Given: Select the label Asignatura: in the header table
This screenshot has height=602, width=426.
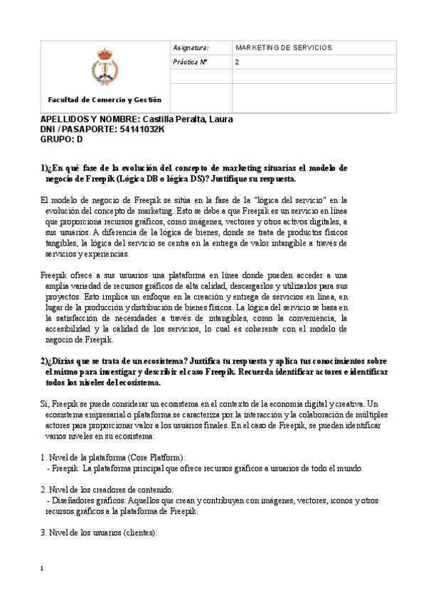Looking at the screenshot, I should (x=190, y=48).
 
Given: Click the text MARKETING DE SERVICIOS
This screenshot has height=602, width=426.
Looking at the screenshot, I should (x=283, y=48).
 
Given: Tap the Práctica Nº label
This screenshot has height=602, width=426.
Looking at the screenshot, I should (x=189, y=62).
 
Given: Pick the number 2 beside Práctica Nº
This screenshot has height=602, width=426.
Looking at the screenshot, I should (x=237, y=62).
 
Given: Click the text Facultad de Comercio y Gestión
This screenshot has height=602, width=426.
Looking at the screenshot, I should (x=105, y=100).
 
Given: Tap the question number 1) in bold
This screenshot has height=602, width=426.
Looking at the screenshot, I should (x=44, y=168).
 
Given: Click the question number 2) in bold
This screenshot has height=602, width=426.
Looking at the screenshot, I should (x=44, y=361).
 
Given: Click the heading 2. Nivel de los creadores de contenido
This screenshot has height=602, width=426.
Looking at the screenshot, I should (x=107, y=490).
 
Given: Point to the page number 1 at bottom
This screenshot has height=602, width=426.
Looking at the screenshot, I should (x=43, y=569).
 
